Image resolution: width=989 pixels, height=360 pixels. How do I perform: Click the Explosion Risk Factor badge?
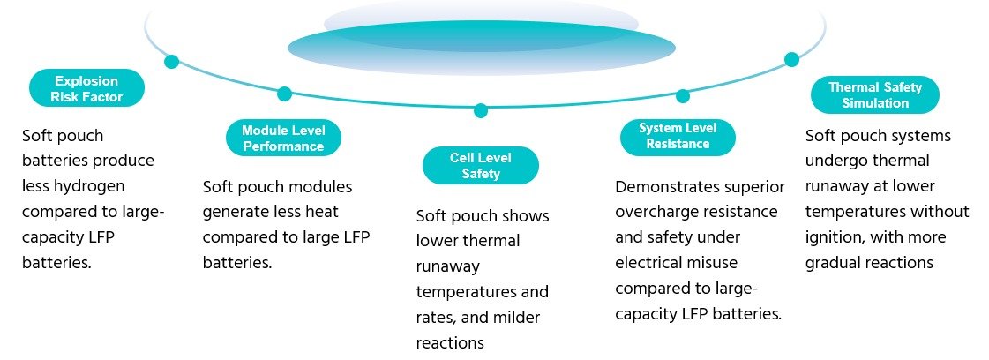pyautogui.click(x=86, y=88)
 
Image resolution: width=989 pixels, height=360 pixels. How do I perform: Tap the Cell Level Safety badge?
pyautogui.click(x=480, y=165)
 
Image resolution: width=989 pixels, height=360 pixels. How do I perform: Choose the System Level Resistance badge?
pyautogui.click(x=677, y=135)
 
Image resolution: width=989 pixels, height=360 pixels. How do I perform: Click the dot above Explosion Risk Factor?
pyautogui.click(x=171, y=61)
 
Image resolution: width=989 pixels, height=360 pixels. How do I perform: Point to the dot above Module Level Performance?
pyautogui.click(x=284, y=94)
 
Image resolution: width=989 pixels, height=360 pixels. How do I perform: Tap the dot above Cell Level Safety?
pyautogui.click(x=480, y=111)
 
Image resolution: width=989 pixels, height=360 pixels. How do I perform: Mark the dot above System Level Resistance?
pyautogui.click(x=682, y=95)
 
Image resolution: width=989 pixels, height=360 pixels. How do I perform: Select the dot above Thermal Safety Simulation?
pyautogui.click(x=791, y=59)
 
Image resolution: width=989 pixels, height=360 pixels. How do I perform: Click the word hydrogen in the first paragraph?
pyautogui.click(x=87, y=186)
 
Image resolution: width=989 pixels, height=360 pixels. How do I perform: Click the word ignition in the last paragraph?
pyautogui.click(x=832, y=238)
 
